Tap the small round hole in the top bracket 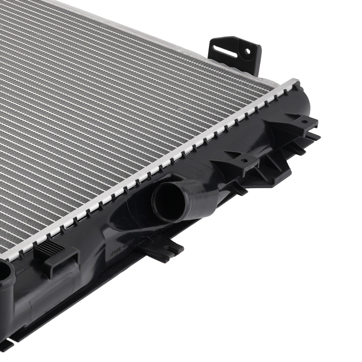tap(247, 51)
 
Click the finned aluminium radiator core tap(109, 109)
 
